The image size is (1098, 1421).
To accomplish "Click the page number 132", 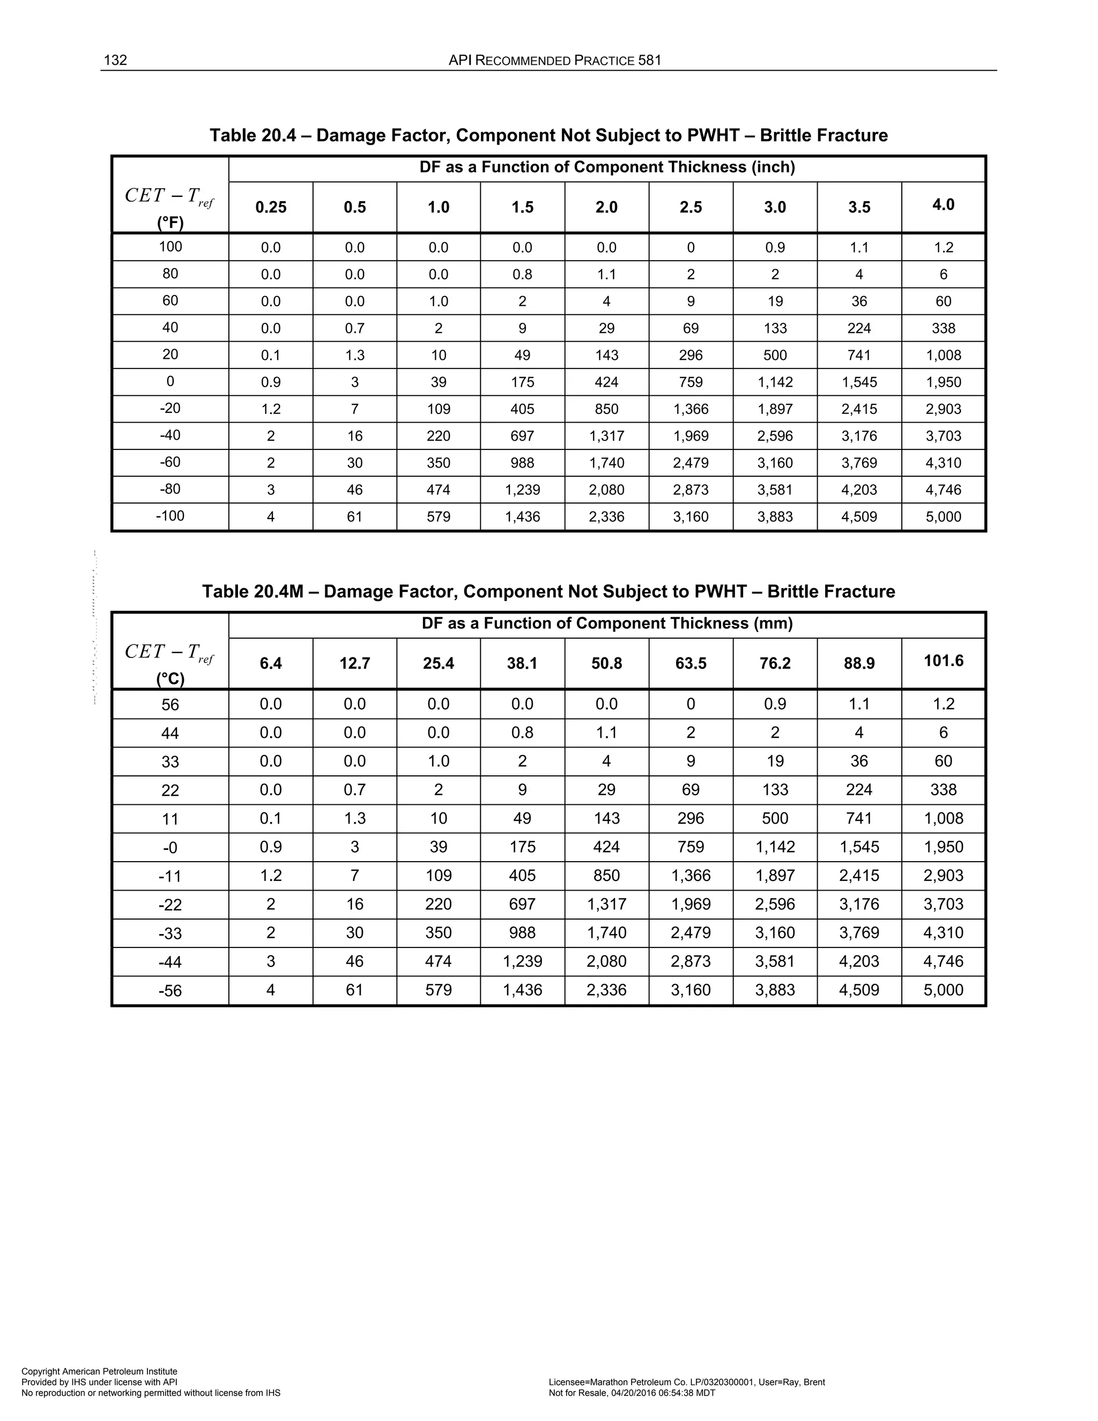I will tap(115, 61).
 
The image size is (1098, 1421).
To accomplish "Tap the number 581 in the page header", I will tap(649, 61).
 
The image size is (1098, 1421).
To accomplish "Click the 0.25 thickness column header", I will tap(271, 208).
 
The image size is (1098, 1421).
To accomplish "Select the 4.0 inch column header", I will tap(943, 205).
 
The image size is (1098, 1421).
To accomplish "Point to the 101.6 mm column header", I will tap(943, 661).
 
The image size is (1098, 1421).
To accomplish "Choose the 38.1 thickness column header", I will tap(522, 664).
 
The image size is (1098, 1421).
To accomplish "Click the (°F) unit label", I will tap(170, 223).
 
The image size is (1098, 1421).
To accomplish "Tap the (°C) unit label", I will tap(170, 679).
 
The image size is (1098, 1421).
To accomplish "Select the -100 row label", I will tap(170, 516).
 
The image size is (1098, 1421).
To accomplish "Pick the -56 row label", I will tap(170, 991).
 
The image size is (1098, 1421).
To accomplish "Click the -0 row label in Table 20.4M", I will tap(170, 848).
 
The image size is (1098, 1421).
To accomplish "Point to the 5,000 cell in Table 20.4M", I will tap(943, 990).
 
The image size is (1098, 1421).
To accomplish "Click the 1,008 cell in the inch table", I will tap(943, 355).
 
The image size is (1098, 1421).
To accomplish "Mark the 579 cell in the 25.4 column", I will tap(439, 990).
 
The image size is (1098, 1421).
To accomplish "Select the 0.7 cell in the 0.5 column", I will tap(354, 329).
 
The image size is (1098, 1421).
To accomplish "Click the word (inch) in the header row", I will tap(774, 167).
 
